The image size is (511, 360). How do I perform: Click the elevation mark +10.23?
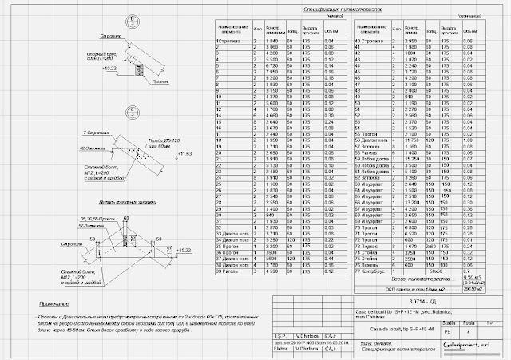(x=111, y=70)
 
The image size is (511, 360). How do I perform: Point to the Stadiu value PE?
(x=446, y=328)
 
